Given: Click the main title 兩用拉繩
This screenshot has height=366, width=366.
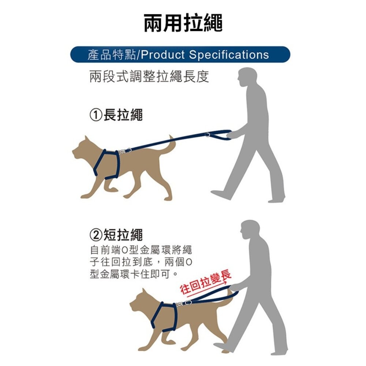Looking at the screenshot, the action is coord(183,23).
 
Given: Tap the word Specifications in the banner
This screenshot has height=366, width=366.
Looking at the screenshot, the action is coord(229,55).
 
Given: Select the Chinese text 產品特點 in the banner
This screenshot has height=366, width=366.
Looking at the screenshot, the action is coord(112,55).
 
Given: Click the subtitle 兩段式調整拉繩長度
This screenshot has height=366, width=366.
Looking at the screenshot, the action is coord(149,76).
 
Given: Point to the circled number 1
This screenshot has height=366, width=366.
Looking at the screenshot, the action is coord(96,115).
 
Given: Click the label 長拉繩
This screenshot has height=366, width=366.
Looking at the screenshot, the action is coord(123,115).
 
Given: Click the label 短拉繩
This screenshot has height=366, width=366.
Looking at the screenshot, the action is coord(123,235).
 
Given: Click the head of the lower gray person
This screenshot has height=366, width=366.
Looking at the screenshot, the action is coord(249,230).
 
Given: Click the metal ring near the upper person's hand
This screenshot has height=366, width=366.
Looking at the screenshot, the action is coord(207,135).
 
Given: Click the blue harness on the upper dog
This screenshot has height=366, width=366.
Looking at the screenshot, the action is coord(107,165).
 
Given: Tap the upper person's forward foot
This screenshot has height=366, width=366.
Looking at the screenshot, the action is coord(221,194).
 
